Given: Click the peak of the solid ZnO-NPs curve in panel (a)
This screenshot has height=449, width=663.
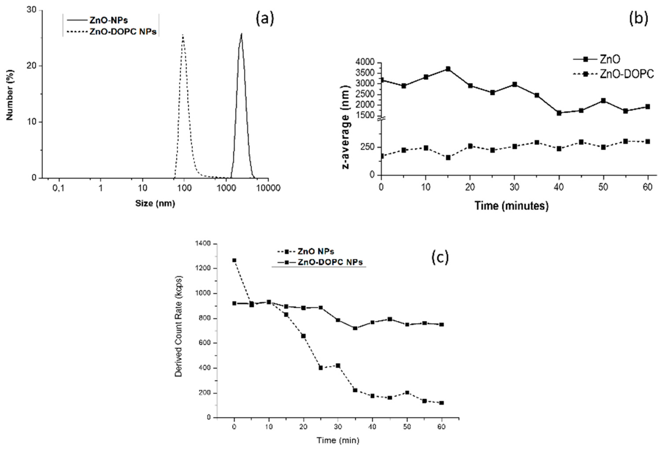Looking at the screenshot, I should coord(241,34).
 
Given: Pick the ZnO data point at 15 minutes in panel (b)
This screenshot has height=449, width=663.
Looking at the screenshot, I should coord(448,69).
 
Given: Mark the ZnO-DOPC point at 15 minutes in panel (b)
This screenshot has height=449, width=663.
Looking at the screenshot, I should coord(448,157).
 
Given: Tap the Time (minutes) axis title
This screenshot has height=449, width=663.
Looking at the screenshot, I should coord(511,206).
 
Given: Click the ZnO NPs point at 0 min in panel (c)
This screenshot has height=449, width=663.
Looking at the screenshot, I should coord(234,260).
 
